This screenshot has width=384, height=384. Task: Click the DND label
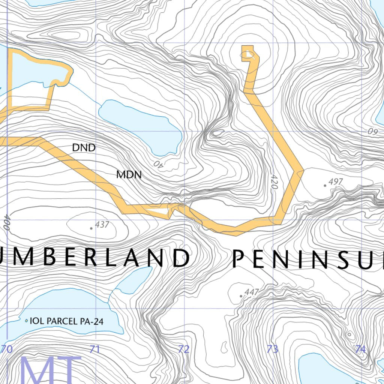coord(84,148)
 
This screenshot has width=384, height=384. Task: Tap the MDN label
coord(129,174)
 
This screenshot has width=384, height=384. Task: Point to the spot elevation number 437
coord(102,225)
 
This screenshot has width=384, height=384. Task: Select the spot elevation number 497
coord(336,182)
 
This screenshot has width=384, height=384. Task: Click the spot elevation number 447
coord(252,292)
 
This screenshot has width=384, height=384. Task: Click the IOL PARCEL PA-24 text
coord(66,321)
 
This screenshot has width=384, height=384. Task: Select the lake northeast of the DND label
coord(142,126)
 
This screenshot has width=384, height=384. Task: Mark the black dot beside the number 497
coord(325,185)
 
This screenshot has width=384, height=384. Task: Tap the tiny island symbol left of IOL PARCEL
coord(26,321)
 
